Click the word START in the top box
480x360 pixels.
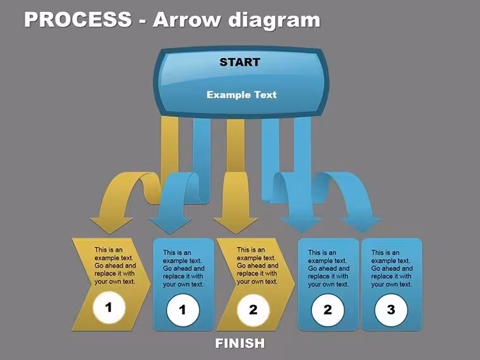pyautogui.click(x=240, y=62)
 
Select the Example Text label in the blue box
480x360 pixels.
pyautogui.click(x=241, y=95)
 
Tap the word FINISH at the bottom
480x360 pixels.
pyautogui.click(x=240, y=343)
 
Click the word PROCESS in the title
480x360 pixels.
pyautogui.click(x=78, y=19)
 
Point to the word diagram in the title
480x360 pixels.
pyautogui.click(x=274, y=21)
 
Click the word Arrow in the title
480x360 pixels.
pyautogui.click(x=186, y=20)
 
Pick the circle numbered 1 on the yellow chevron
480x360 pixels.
pyautogui.click(x=109, y=308)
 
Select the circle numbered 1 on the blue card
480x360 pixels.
pyautogui.click(x=183, y=310)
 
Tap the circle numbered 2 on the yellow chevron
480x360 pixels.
pyautogui.click(x=253, y=310)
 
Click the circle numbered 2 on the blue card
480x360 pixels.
pyautogui.click(x=328, y=310)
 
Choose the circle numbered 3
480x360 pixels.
pyautogui.click(x=391, y=310)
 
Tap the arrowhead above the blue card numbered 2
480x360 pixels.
pyautogui.click(x=301, y=225)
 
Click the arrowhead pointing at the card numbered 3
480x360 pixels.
pyautogui.click(x=362, y=225)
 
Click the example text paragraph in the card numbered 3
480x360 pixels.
pyautogui.click(x=392, y=268)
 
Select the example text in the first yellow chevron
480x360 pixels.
pyautogui.click(x=115, y=266)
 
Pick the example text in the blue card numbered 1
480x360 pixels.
pyautogui.click(x=183, y=268)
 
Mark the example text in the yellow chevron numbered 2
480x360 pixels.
pyautogui.click(x=258, y=266)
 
